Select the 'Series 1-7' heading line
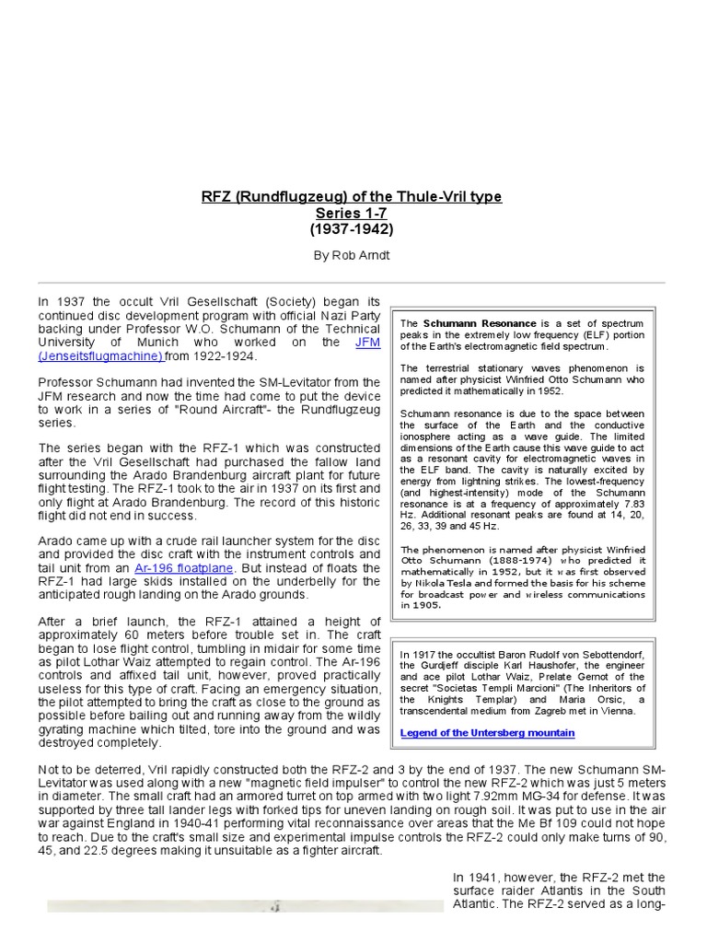[352, 213]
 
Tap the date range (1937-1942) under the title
[352, 228]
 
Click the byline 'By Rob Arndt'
[352, 255]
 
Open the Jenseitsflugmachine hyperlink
[99, 355]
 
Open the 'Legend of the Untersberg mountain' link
[487, 733]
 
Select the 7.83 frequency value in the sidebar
[629, 506]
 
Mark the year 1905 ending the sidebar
[428, 605]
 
